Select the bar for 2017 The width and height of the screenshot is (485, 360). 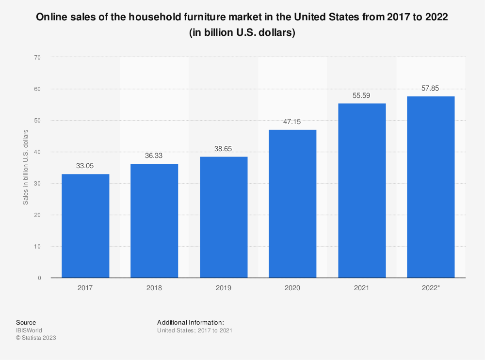click(x=85, y=226)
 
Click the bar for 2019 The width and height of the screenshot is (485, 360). click(x=224, y=217)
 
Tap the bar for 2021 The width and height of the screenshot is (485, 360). click(x=362, y=190)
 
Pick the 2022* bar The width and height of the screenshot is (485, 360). click(x=431, y=187)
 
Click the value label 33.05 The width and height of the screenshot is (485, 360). click(x=85, y=166)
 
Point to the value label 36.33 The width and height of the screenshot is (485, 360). click(x=154, y=156)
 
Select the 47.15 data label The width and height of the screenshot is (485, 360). click(x=292, y=122)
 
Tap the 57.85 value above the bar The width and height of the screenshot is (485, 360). click(x=431, y=88)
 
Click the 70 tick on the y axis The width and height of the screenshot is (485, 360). click(x=37, y=57)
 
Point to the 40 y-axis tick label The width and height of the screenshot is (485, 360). click(x=37, y=152)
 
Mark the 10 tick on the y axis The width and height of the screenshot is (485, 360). click(x=37, y=247)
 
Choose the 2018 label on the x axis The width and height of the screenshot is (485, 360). click(x=154, y=288)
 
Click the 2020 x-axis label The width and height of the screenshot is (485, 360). click(x=292, y=288)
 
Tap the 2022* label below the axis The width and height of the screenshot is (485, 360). click(x=431, y=288)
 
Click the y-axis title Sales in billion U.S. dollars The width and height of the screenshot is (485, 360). click(x=25, y=167)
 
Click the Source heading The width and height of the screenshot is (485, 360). click(x=26, y=322)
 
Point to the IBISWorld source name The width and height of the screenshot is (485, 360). click(x=29, y=330)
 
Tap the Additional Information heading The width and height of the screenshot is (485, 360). click(x=191, y=322)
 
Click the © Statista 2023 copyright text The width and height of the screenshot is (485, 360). click(x=36, y=338)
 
